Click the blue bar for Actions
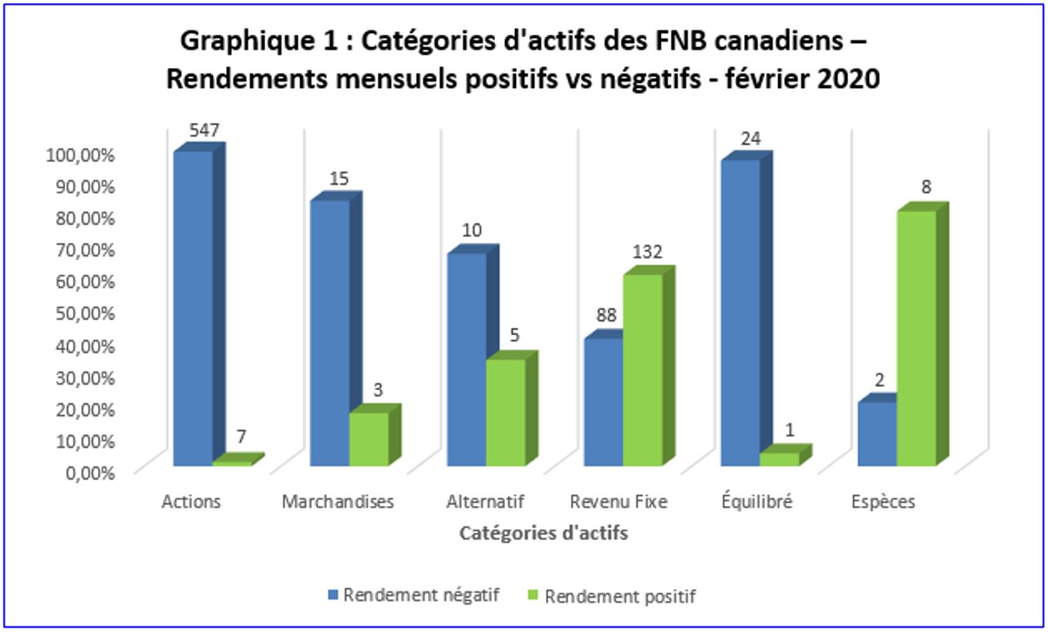(x=194, y=308)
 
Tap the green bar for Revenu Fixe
(x=642, y=370)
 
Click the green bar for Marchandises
(x=369, y=439)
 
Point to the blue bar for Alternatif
(x=467, y=359)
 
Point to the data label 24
(x=751, y=140)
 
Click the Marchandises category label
(x=338, y=502)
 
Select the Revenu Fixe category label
(x=618, y=502)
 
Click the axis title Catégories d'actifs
(x=543, y=533)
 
